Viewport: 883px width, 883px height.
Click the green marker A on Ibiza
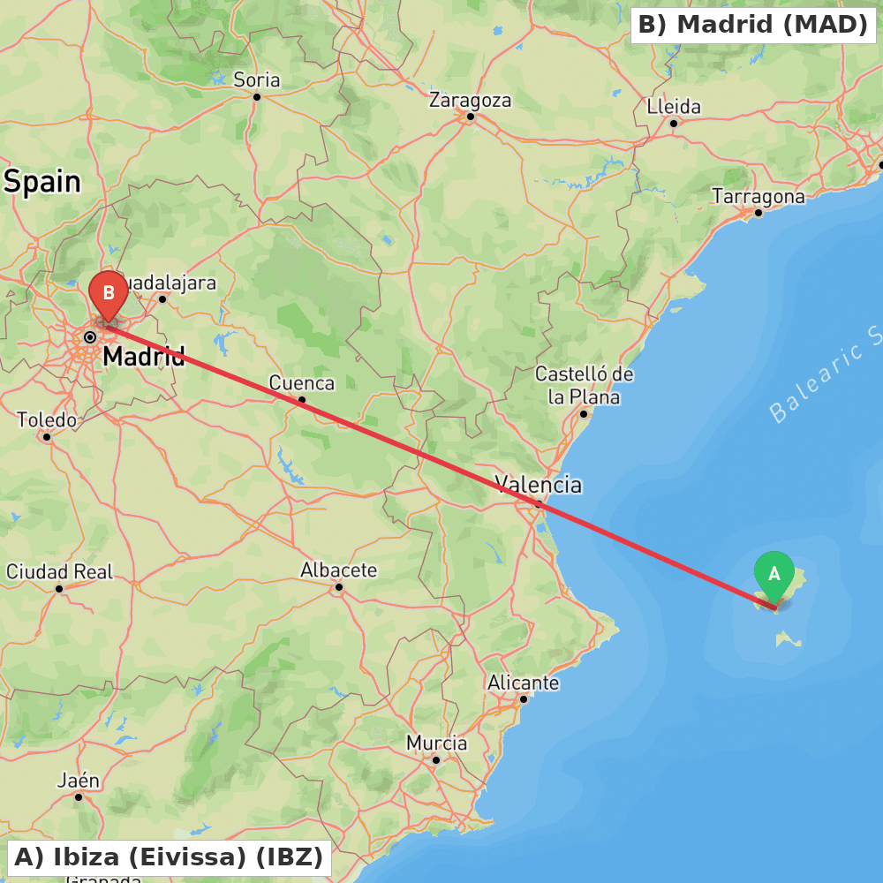(x=774, y=575)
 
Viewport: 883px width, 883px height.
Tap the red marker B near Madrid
(x=109, y=293)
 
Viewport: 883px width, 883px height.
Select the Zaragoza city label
(x=470, y=100)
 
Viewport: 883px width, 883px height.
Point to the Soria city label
(x=257, y=80)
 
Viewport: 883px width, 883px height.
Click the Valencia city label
(x=538, y=484)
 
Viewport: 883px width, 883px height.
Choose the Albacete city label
(x=338, y=570)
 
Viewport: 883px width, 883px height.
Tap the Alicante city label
(x=523, y=683)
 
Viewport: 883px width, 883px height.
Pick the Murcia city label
(x=436, y=743)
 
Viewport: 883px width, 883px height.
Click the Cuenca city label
(x=302, y=383)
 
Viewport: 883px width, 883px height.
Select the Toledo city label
(x=47, y=419)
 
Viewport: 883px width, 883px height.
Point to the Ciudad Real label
(x=60, y=572)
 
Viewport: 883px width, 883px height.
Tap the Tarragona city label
(x=758, y=196)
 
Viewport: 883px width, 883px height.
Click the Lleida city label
(x=674, y=107)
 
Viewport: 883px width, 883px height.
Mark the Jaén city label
(x=79, y=781)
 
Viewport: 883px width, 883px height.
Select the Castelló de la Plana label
(x=584, y=386)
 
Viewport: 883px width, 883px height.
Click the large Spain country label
(x=42, y=182)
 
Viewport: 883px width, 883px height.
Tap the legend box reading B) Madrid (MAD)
(x=752, y=25)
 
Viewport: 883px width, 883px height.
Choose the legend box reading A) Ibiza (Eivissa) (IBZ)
(x=169, y=857)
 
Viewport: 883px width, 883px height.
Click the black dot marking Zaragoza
(x=471, y=117)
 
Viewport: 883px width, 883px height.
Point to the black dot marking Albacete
(x=338, y=586)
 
